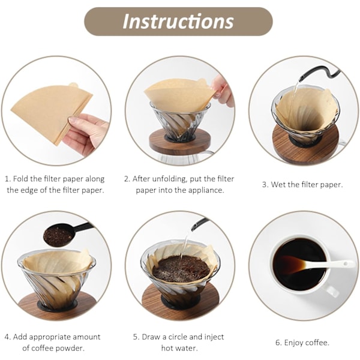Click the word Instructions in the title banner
coord(178,22)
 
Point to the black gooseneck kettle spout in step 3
coord(319,74)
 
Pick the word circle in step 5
coord(178,337)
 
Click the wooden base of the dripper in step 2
coord(180,140)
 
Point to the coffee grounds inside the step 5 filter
coord(181,269)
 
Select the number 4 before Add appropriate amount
coord(7,337)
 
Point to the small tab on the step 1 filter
coord(74,85)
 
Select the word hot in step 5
coord(166,348)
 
